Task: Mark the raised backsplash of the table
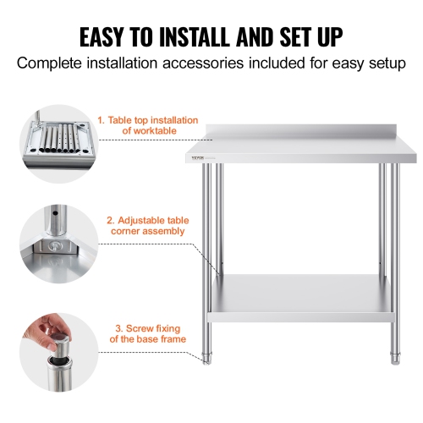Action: click(x=305, y=129)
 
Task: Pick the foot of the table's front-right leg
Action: click(x=394, y=358)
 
